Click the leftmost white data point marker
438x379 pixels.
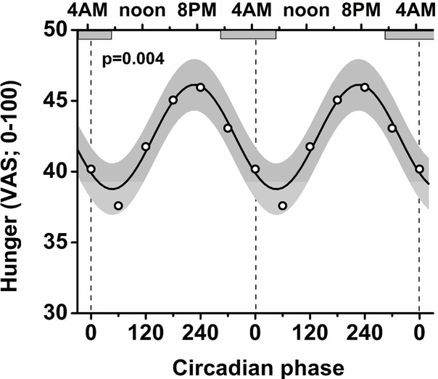point(91,169)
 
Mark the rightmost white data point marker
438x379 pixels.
point(419,169)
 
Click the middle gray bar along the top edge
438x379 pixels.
point(248,35)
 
